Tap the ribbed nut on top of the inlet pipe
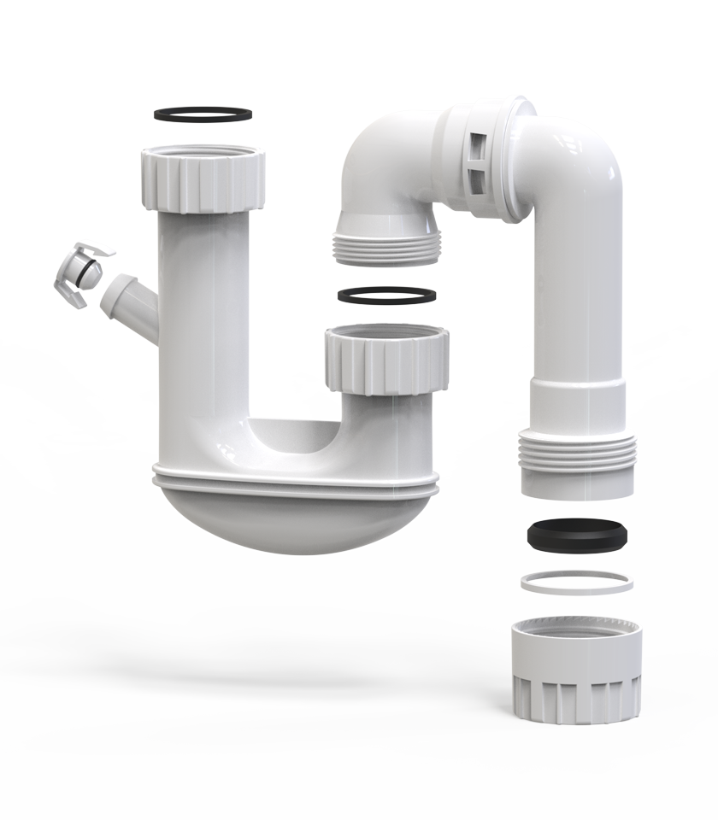coord(203,181)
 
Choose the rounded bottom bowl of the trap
coord(294,521)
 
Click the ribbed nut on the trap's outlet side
coord(386,359)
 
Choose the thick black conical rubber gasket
coord(577,535)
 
